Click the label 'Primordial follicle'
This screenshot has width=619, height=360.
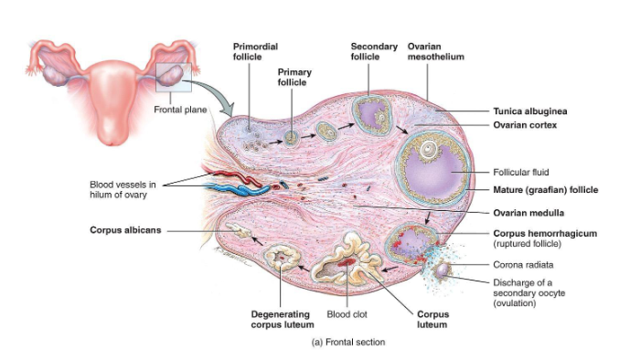pos(255,51)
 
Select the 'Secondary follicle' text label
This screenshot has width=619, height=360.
pos(374,51)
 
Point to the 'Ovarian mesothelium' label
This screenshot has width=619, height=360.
pos(436,51)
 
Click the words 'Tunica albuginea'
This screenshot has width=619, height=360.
pos(528,110)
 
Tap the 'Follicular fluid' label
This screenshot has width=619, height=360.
pos(521,172)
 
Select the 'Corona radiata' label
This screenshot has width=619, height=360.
pos(521,264)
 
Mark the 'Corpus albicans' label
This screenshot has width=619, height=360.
pos(125,230)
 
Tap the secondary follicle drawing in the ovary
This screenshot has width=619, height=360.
pos(373,117)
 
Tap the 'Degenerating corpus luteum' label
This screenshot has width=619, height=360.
pos(283,319)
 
